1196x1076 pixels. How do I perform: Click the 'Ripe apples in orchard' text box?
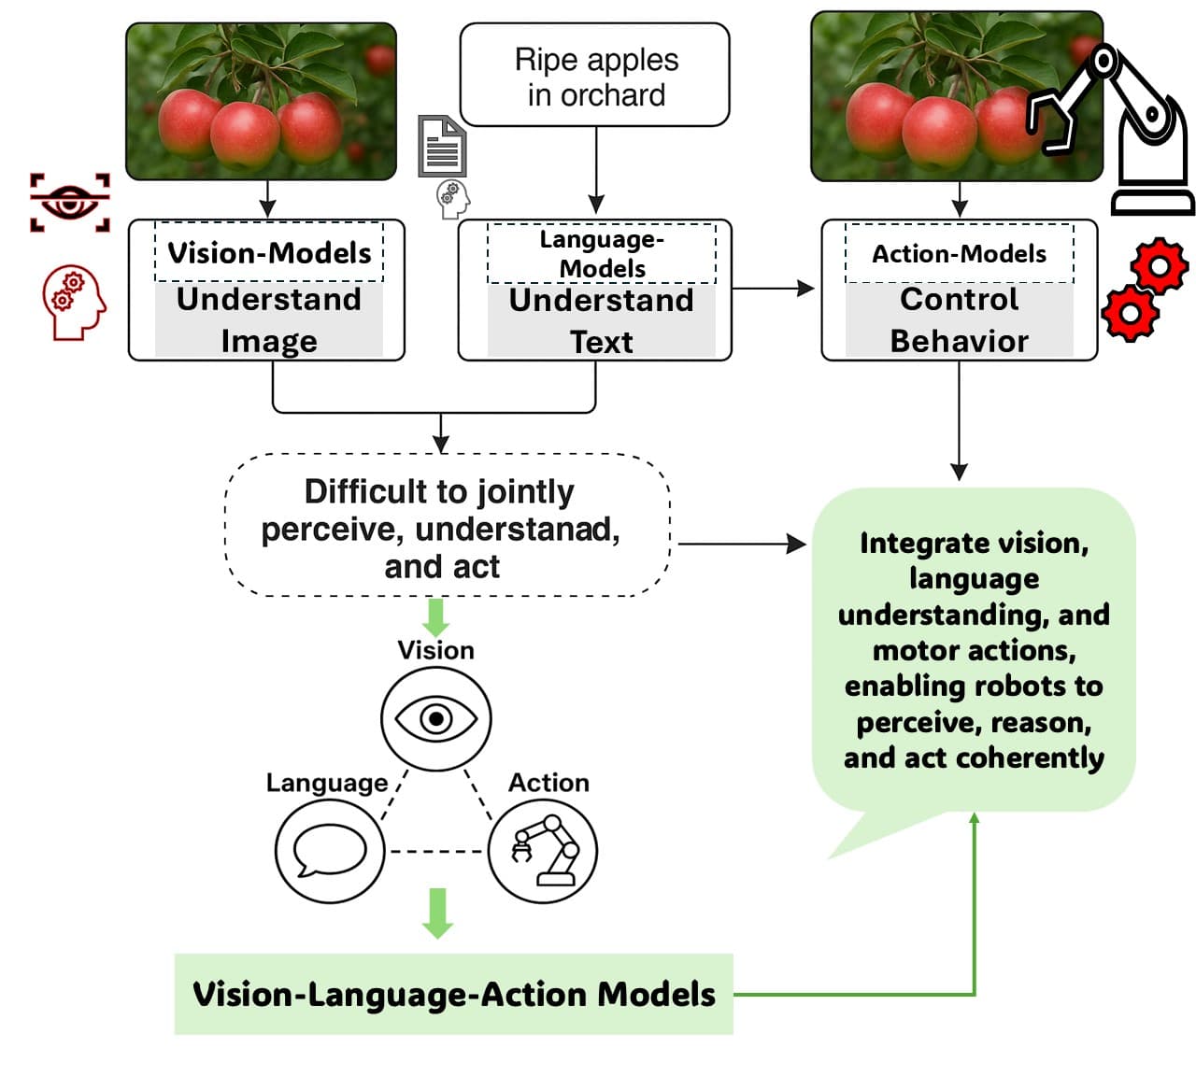click(595, 76)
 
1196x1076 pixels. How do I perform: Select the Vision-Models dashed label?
click(269, 252)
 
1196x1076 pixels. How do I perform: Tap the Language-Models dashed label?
click(602, 253)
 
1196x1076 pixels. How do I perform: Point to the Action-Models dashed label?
click(959, 253)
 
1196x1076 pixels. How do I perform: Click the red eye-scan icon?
click(69, 202)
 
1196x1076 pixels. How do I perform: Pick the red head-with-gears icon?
click(73, 302)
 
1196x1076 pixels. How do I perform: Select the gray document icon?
click(441, 147)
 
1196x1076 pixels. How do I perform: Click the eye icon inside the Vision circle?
click(435, 718)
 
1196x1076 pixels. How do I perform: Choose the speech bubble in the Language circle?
click(329, 851)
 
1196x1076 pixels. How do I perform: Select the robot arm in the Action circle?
click(543, 851)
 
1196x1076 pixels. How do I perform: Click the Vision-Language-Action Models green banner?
click(454, 994)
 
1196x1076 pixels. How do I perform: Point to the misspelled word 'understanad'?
click(517, 529)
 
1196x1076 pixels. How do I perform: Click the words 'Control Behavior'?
click(959, 320)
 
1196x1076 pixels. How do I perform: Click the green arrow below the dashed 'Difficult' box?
click(435, 616)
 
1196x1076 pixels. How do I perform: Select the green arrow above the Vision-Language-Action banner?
click(436, 913)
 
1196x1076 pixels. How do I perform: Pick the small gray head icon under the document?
click(453, 199)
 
